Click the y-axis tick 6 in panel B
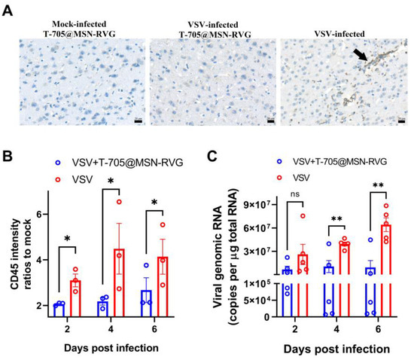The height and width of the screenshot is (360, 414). pos(43,215)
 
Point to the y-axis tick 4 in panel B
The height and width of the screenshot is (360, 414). pos(43,261)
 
